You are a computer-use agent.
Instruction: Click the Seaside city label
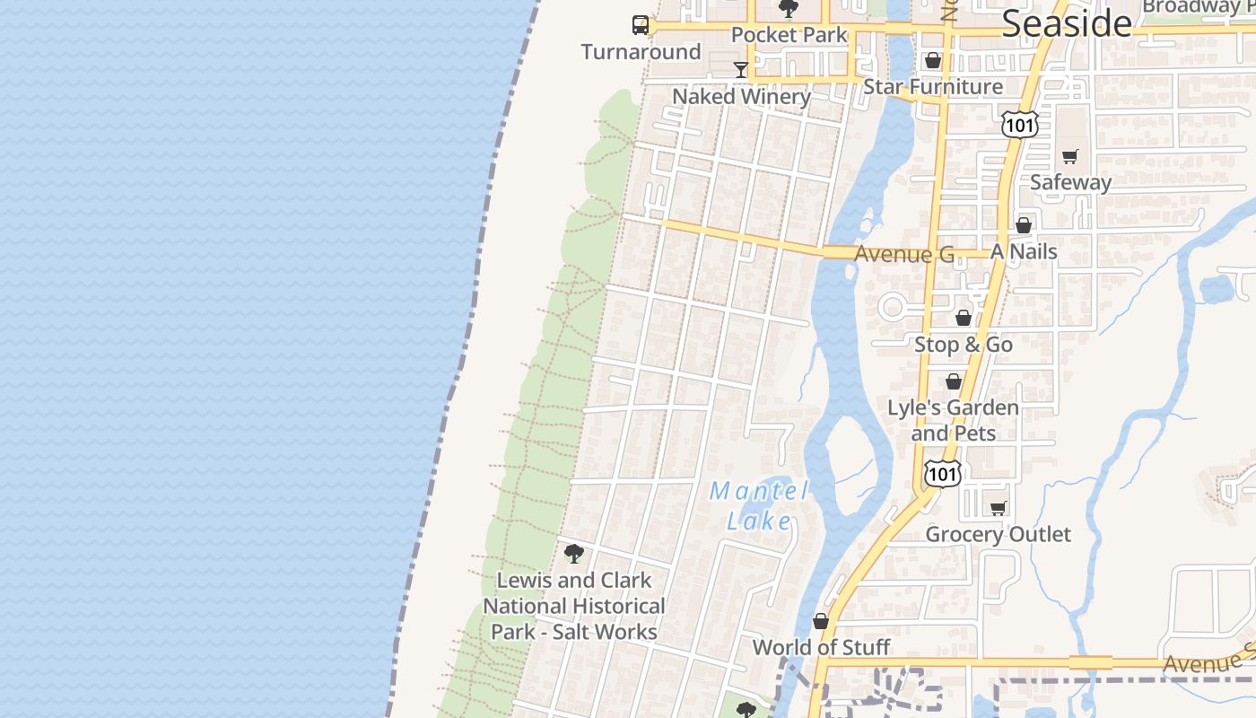pyautogui.click(x=1066, y=23)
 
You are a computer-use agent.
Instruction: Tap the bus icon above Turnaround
pyautogui.click(x=641, y=25)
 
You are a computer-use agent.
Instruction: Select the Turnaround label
pyautogui.click(x=641, y=52)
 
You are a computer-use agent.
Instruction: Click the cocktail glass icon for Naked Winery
pyautogui.click(x=741, y=70)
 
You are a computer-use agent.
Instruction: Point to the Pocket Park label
pyautogui.click(x=789, y=35)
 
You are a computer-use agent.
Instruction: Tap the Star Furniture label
pyautogui.click(x=933, y=87)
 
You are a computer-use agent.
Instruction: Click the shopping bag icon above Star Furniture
pyautogui.click(x=933, y=60)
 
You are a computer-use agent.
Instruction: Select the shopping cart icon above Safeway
pyautogui.click(x=1069, y=156)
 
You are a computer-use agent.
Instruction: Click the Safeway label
pyautogui.click(x=1070, y=182)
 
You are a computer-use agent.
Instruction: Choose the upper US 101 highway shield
pyautogui.click(x=1020, y=124)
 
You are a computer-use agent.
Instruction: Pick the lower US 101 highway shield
pyautogui.click(x=943, y=473)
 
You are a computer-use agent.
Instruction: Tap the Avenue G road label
pyautogui.click(x=903, y=255)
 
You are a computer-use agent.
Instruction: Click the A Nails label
pyautogui.click(x=1024, y=252)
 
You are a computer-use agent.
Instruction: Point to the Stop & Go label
pyautogui.click(x=964, y=345)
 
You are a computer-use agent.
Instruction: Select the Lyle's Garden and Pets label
pyautogui.click(x=953, y=420)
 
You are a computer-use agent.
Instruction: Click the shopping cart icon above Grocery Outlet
pyautogui.click(x=998, y=508)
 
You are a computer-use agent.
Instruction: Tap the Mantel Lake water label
pyautogui.click(x=759, y=505)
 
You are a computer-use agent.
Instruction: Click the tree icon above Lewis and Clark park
pyautogui.click(x=574, y=554)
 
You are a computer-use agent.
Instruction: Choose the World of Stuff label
pyautogui.click(x=821, y=647)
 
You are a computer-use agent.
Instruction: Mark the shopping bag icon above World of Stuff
pyautogui.click(x=821, y=621)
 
